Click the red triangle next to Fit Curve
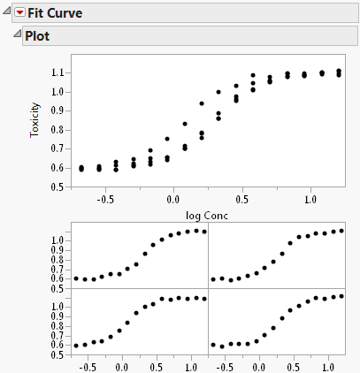tap(20, 13)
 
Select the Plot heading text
tap(37, 37)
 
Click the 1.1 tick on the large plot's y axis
tap(55, 72)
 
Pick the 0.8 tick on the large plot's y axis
tap(55, 129)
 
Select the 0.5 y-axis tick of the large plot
tap(55, 186)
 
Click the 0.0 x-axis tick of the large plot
tap(173, 200)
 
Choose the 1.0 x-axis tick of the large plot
tap(310, 200)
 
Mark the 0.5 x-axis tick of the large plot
tap(241, 200)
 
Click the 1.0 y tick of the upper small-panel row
tap(58, 239)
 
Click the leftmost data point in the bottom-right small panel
tap(213, 345)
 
